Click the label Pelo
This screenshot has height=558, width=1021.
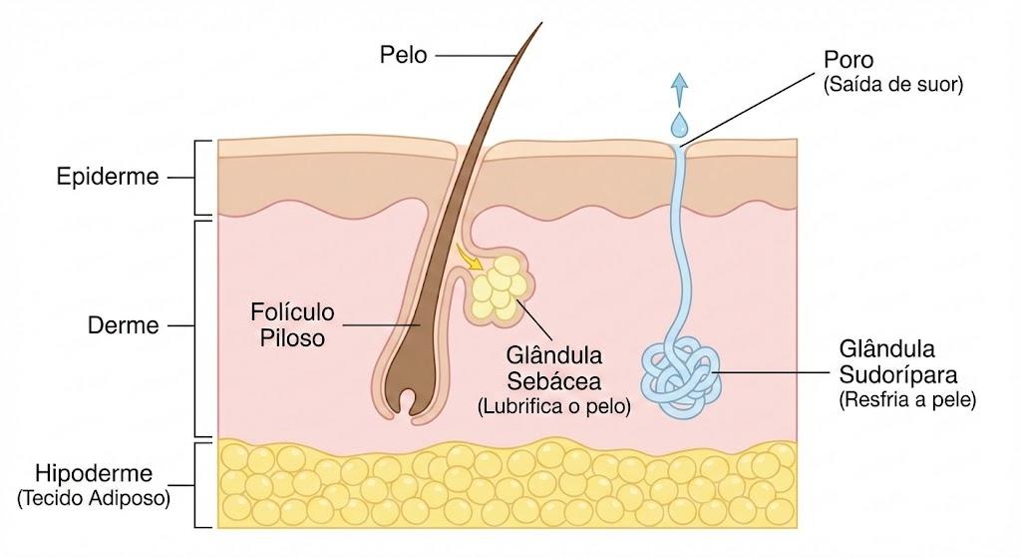coord(403,55)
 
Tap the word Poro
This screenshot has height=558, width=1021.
coord(848,60)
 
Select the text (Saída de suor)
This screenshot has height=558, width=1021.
coord(892,85)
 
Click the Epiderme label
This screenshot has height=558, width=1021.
coord(108,176)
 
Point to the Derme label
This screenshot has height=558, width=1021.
coord(123,325)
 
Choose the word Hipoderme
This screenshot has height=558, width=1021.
coord(94,473)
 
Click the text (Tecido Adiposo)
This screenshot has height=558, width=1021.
coord(94,499)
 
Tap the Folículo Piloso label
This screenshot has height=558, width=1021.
coord(292,325)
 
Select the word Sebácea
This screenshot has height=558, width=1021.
coord(554,381)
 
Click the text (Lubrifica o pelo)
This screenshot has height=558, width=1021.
coord(554,406)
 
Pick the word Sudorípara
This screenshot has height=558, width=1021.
coord(898,374)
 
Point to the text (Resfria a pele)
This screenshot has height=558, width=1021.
coord(907,399)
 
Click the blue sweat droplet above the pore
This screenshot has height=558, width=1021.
coord(679,125)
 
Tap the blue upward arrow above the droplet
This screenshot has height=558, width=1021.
coord(679,89)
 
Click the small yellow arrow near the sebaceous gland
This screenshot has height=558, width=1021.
coord(469,257)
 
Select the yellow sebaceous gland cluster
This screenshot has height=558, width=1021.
coord(499,288)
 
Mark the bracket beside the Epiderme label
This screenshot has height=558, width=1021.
coord(202,178)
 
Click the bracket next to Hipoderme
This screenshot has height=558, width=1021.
coord(202,486)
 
